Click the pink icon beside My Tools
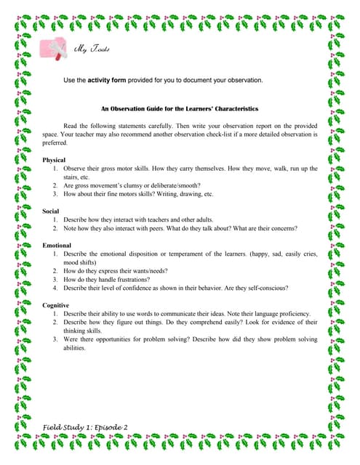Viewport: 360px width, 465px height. click(57, 48)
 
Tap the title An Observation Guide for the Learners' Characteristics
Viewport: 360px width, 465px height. click(179, 108)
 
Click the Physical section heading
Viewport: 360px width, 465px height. click(54, 159)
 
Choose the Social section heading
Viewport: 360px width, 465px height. click(51, 211)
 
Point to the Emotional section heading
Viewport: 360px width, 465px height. click(57, 245)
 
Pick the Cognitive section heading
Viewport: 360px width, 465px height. click(56, 305)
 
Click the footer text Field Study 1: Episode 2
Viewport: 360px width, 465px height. click(84, 426)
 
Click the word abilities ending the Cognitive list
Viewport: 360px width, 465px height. click(75, 347)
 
